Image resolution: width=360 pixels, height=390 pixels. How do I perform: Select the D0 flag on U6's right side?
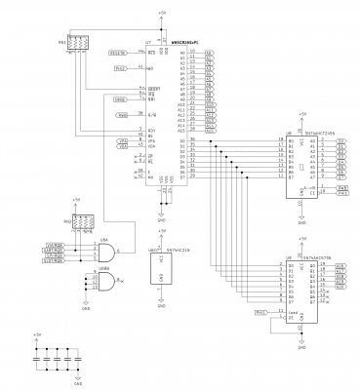tap(341, 141)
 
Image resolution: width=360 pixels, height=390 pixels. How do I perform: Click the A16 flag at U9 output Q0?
tap(340, 264)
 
